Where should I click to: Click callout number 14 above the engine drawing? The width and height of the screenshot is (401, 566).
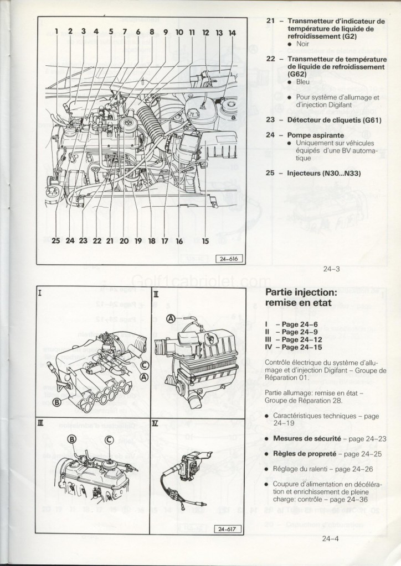[x=232, y=33]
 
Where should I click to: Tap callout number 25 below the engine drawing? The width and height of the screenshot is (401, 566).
[x=55, y=240]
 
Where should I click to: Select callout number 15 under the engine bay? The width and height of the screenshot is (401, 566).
[x=205, y=240]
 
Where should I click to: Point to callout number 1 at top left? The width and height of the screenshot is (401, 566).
[x=56, y=32]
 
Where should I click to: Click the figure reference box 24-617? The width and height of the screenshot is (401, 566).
[x=228, y=529]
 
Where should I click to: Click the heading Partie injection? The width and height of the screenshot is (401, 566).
[x=301, y=292]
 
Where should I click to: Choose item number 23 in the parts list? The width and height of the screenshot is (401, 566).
[x=270, y=119]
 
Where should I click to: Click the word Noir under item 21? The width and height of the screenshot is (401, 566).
[x=302, y=43]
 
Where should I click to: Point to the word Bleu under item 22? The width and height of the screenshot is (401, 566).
[x=303, y=82]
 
